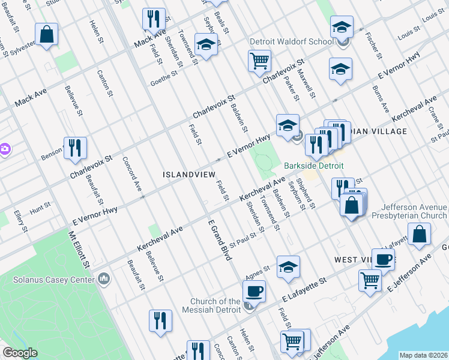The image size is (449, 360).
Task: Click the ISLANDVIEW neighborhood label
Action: point(188,174)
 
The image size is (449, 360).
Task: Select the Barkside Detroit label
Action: point(308,165)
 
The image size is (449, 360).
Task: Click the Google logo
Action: point(20,353)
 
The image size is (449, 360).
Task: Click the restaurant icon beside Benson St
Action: point(75,148)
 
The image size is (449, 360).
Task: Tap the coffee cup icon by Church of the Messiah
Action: point(254,292)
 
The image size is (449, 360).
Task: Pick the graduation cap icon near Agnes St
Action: point(288,267)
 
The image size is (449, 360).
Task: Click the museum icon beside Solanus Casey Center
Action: point(104,278)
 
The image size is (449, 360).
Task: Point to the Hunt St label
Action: point(40,208)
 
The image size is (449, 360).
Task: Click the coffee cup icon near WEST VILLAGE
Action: point(383,260)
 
